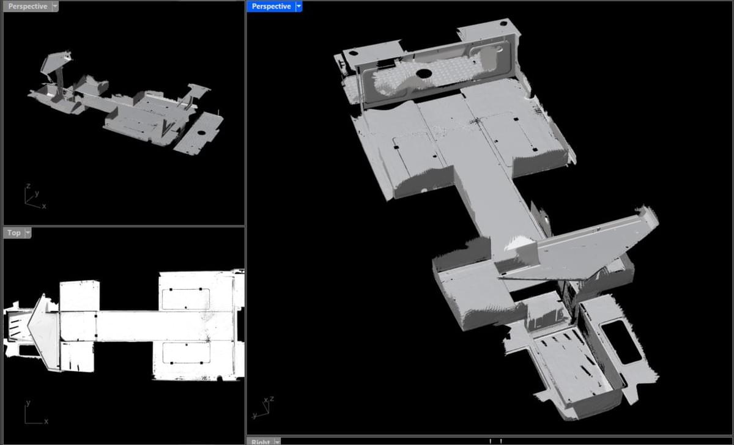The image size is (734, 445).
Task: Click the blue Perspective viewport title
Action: pyautogui.click(x=271, y=6)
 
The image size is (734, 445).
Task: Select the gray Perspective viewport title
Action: pyautogui.click(x=28, y=6)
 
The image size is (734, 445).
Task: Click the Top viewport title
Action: pyautogui.click(x=13, y=233)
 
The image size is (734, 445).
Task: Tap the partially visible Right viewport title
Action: pyautogui.click(x=260, y=442)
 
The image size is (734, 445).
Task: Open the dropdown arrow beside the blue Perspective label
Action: pyautogui.click(x=298, y=6)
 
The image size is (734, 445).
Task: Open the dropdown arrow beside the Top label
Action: pyautogui.click(x=28, y=233)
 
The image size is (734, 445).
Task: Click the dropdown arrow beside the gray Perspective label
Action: pyautogui.click(x=55, y=6)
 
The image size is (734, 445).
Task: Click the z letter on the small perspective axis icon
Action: pyautogui.click(x=28, y=186)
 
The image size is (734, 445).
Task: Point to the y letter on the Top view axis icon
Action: pyautogui.click(x=28, y=403)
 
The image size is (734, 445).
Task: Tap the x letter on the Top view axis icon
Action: pyautogui.click(x=46, y=421)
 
